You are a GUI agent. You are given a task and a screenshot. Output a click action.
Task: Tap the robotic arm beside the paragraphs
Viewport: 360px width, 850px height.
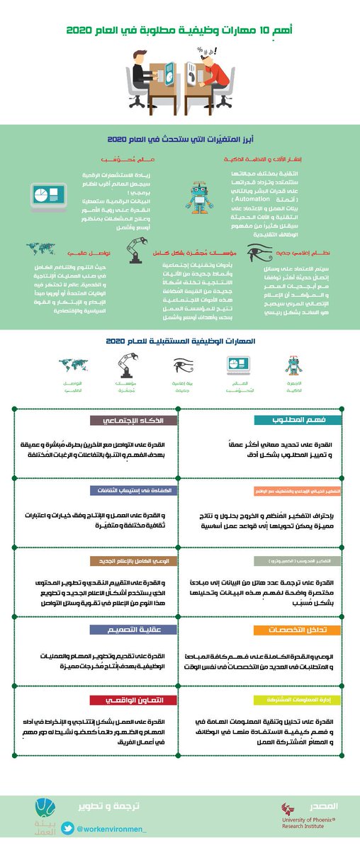134,251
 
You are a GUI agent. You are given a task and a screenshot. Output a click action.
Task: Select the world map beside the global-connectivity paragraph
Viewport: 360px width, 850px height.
41,249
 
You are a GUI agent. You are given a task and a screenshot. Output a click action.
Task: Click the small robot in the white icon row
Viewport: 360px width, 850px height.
293,365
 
